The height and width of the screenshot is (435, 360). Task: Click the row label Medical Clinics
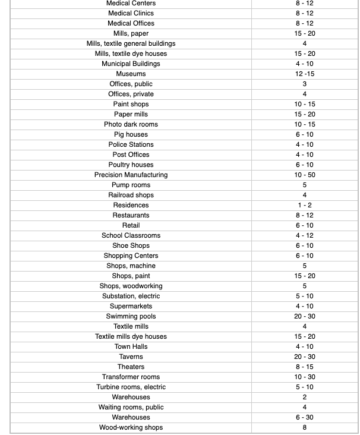tap(131, 13)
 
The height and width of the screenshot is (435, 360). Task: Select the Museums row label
tap(131, 74)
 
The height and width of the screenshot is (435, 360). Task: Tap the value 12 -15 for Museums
tap(305, 74)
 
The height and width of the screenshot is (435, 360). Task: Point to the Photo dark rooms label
tap(131, 124)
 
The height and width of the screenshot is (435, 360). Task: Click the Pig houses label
tap(131, 134)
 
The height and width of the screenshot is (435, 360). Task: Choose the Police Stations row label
tap(131, 144)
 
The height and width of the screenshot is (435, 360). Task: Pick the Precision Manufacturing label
tap(131, 175)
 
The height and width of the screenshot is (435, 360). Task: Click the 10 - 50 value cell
tap(305, 175)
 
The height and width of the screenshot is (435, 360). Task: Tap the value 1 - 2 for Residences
tap(305, 205)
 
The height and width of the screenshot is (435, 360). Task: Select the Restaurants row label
tap(131, 215)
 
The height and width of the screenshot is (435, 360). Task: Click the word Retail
tap(131, 225)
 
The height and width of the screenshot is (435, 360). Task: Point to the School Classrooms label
tap(131, 235)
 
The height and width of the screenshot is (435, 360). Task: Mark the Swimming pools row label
tap(131, 316)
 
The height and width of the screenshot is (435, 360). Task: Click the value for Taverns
tap(305, 357)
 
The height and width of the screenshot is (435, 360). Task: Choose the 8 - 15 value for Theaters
tap(305, 367)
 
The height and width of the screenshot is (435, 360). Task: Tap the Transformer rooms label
tap(131, 377)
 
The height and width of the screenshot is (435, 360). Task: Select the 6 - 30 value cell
tap(305, 417)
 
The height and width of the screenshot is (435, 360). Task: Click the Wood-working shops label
tap(131, 427)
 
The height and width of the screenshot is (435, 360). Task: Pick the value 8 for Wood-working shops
tap(305, 427)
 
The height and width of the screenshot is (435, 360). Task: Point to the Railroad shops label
tap(131, 195)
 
